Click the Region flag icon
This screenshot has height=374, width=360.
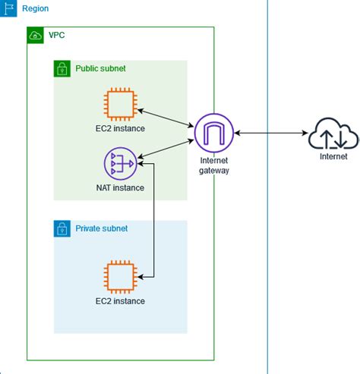(9, 8)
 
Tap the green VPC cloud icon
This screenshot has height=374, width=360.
(35, 36)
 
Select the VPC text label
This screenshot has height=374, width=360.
(58, 36)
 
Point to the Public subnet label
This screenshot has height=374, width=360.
(100, 68)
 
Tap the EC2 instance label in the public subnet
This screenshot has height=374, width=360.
(121, 128)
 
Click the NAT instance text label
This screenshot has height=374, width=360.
(121, 187)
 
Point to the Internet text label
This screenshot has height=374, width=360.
(333, 157)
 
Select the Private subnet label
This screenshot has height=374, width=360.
(101, 228)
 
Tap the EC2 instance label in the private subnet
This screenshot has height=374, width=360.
(121, 301)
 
